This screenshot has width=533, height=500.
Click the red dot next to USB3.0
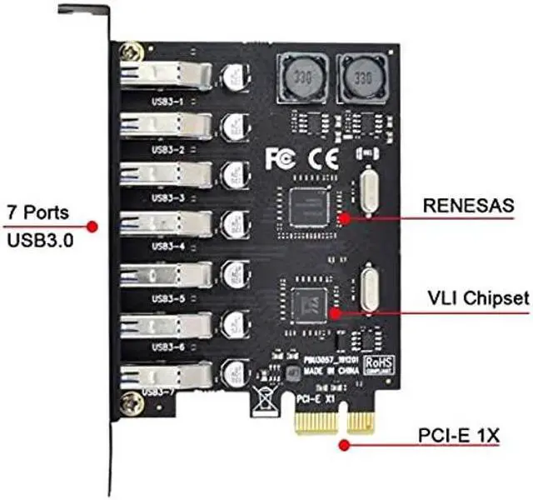click(x=93, y=227)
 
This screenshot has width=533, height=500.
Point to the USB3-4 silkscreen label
click(x=167, y=247)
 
